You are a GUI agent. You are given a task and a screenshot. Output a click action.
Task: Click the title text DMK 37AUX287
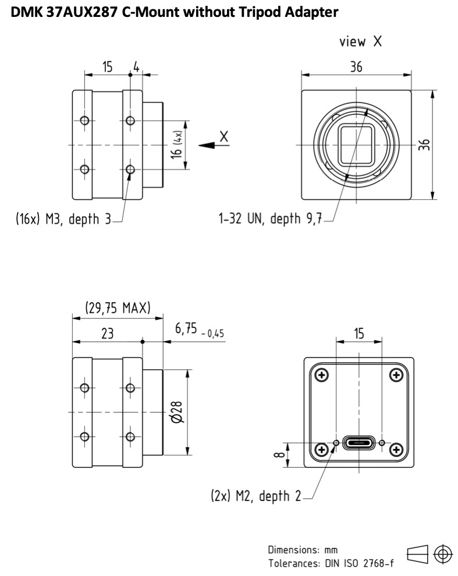64,12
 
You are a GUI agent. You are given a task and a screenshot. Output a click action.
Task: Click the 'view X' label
360,41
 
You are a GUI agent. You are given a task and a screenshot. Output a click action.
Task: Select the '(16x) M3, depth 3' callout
63,219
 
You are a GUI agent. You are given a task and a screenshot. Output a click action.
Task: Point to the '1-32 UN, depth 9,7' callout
270,218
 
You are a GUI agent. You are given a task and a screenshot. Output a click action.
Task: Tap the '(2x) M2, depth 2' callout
256,496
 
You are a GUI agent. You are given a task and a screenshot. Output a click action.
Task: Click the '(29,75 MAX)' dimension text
118,308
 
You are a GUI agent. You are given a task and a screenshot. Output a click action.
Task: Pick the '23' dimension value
108,334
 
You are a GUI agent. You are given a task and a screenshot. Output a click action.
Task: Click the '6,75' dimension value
186,328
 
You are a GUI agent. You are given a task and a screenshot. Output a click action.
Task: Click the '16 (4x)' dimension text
177,144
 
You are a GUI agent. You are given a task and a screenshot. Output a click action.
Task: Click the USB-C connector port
359,443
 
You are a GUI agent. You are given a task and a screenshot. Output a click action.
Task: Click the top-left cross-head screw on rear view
322,375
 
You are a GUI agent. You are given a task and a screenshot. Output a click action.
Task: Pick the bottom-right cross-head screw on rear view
396,449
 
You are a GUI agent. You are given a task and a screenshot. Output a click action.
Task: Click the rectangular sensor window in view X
356,145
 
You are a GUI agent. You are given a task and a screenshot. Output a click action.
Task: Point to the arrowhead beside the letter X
207,146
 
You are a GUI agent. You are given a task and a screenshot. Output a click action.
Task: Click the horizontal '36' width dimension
356,67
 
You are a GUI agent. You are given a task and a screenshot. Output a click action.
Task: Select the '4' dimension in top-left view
137,67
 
